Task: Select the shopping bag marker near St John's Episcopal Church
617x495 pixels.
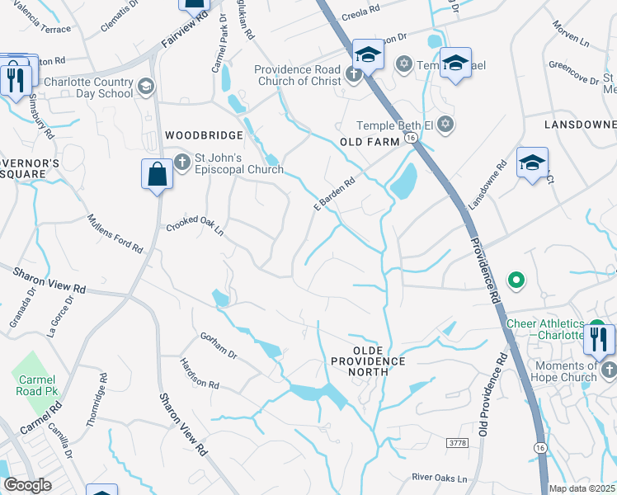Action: pos(157,175)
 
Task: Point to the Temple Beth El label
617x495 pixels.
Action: pos(394,125)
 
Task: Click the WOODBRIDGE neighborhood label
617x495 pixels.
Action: pos(204,135)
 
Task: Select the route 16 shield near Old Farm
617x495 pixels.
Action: pos(409,141)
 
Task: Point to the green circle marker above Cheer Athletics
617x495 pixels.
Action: pos(516,281)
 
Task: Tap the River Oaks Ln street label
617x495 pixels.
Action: pos(440,478)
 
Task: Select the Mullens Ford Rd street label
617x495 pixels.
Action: pos(115,233)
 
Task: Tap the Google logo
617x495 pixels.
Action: pos(27,485)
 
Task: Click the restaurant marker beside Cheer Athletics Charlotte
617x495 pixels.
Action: pos(598,339)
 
